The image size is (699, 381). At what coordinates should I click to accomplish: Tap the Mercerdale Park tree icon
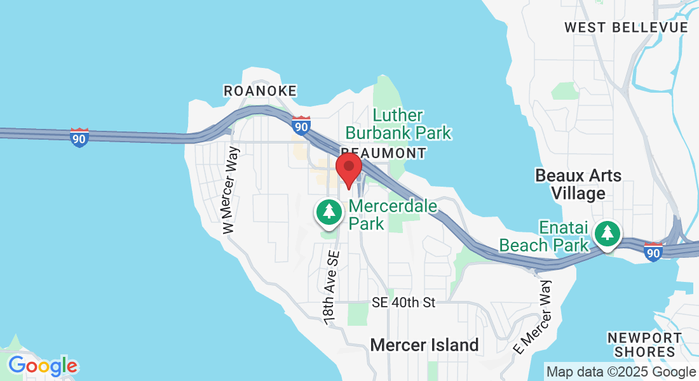[x=329, y=211]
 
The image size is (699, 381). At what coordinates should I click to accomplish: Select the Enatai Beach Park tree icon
[x=608, y=233]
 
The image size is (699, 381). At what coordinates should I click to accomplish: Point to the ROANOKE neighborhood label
[x=260, y=91]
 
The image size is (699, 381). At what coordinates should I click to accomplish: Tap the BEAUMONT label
[x=384, y=153]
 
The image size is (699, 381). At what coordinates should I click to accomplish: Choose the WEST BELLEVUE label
[x=626, y=27]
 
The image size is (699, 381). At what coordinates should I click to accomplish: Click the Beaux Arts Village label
[x=578, y=184]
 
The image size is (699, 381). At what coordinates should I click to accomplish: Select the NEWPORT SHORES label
[x=644, y=345]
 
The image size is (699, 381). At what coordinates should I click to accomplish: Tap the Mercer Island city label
[x=424, y=345]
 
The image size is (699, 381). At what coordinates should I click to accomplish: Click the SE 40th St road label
[x=404, y=303]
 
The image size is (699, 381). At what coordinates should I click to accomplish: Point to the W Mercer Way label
[x=231, y=190]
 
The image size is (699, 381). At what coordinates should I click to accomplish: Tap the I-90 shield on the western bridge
[x=79, y=137]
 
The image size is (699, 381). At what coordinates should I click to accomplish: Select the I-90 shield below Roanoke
[x=301, y=125]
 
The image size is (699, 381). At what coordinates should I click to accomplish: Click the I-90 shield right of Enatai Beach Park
[x=653, y=251]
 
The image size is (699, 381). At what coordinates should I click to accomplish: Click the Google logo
[x=43, y=366]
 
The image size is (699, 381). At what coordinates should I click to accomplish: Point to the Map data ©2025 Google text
[x=621, y=372]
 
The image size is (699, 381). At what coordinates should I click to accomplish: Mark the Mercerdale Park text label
[x=393, y=215]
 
